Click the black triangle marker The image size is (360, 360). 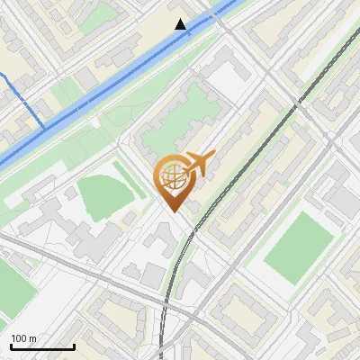coord(182,25)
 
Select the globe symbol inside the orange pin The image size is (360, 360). coord(171,178)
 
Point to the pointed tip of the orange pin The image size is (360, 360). coord(172,211)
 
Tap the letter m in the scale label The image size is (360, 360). coord(33,338)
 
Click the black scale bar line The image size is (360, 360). coord(41,346)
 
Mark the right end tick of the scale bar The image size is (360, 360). coord(73,345)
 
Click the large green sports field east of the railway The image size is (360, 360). coord(298,240)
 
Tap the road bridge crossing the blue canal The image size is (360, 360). coord(220,21)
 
